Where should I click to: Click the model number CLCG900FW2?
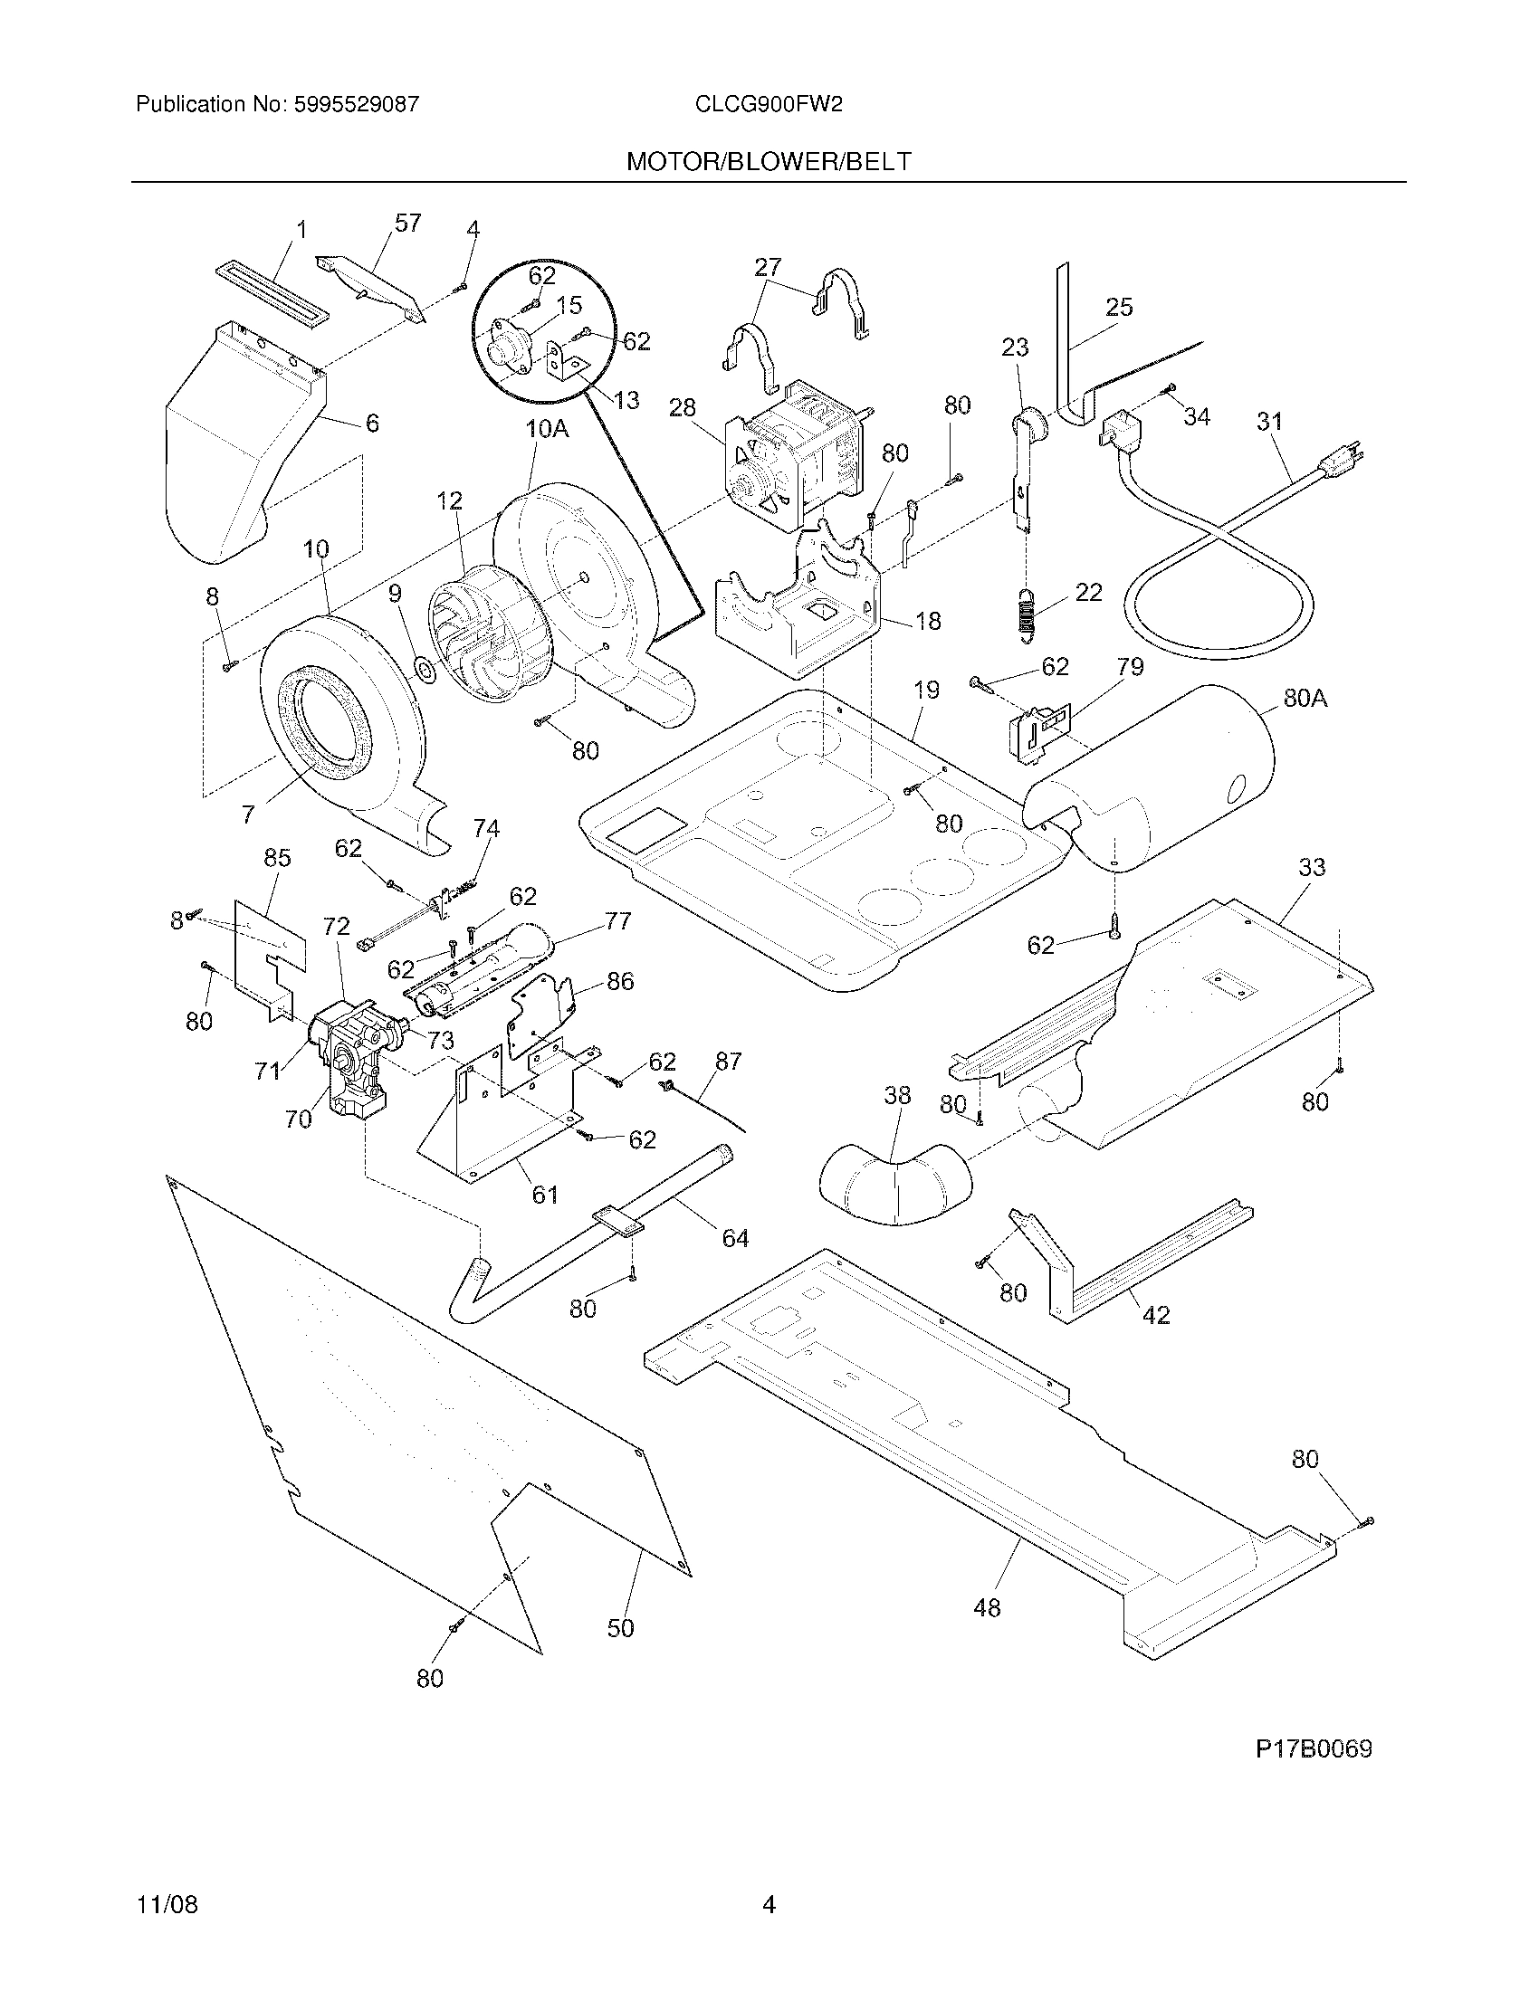pyautogui.click(x=768, y=104)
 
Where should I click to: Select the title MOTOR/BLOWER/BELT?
pyautogui.click(x=768, y=161)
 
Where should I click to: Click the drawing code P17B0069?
pyautogui.click(x=1313, y=1748)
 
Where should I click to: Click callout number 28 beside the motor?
pyautogui.click(x=682, y=407)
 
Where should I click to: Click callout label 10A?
pyautogui.click(x=546, y=428)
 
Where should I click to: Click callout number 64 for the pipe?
pyautogui.click(x=735, y=1237)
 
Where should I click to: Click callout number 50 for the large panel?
pyautogui.click(x=620, y=1627)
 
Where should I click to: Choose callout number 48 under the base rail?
pyautogui.click(x=987, y=1607)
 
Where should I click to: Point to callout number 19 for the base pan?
pyautogui.click(x=926, y=691)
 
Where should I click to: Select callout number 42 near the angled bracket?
pyautogui.click(x=1155, y=1315)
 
